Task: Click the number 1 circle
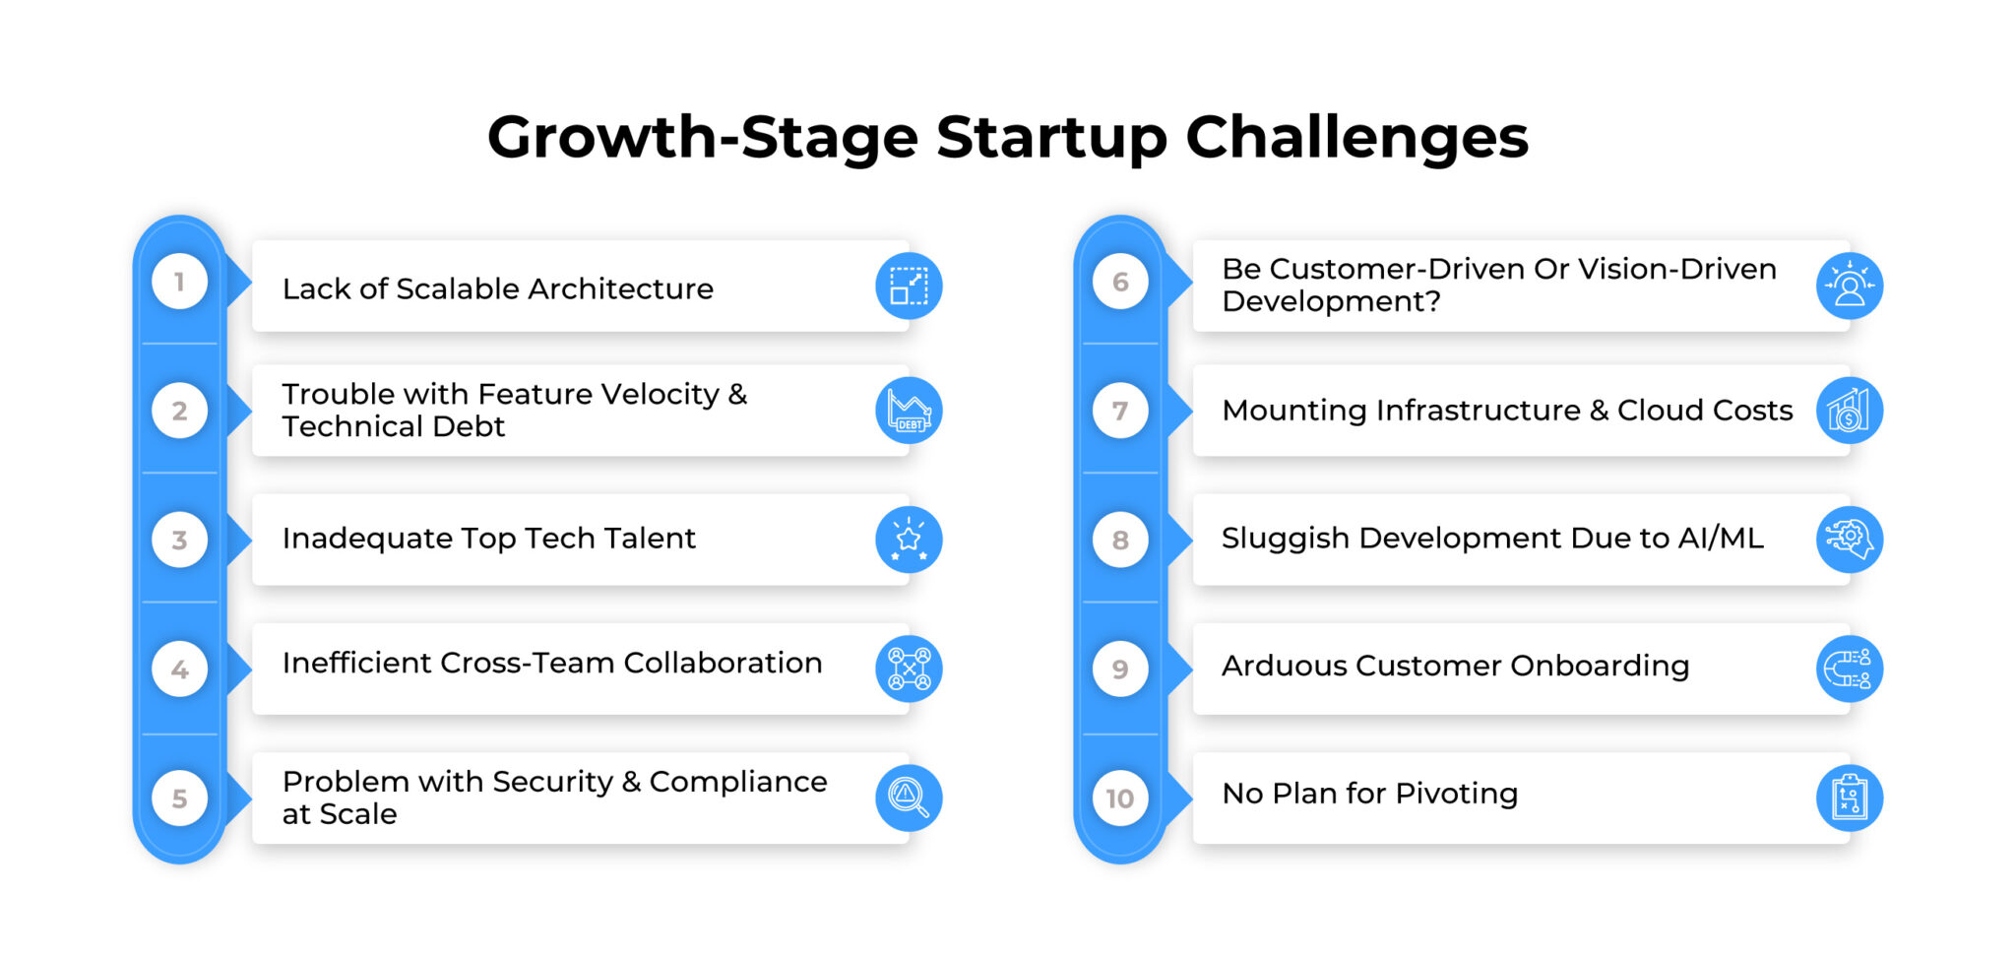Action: point(179,283)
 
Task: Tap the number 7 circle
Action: point(1120,411)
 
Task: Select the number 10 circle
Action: point(1120,798)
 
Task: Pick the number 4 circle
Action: point(179,670)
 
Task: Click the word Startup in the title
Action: point(1050,138)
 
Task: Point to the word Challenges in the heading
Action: point(1356,138)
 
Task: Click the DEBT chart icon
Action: point(909,411)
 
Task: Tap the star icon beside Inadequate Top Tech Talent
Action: point(909,540)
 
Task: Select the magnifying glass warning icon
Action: point(909,797)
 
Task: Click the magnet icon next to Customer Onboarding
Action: point(1849,670)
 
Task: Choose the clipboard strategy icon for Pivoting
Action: point(1849,797)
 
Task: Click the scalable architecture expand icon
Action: point(909,286)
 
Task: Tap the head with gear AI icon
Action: point(1849,540)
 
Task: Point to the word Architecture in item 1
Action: point(620,289)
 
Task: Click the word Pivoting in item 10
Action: point(1456,794)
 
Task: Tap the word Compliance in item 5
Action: point(738,782)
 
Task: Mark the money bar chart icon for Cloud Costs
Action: point(1849,411)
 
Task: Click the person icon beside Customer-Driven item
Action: point(1849,286)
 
